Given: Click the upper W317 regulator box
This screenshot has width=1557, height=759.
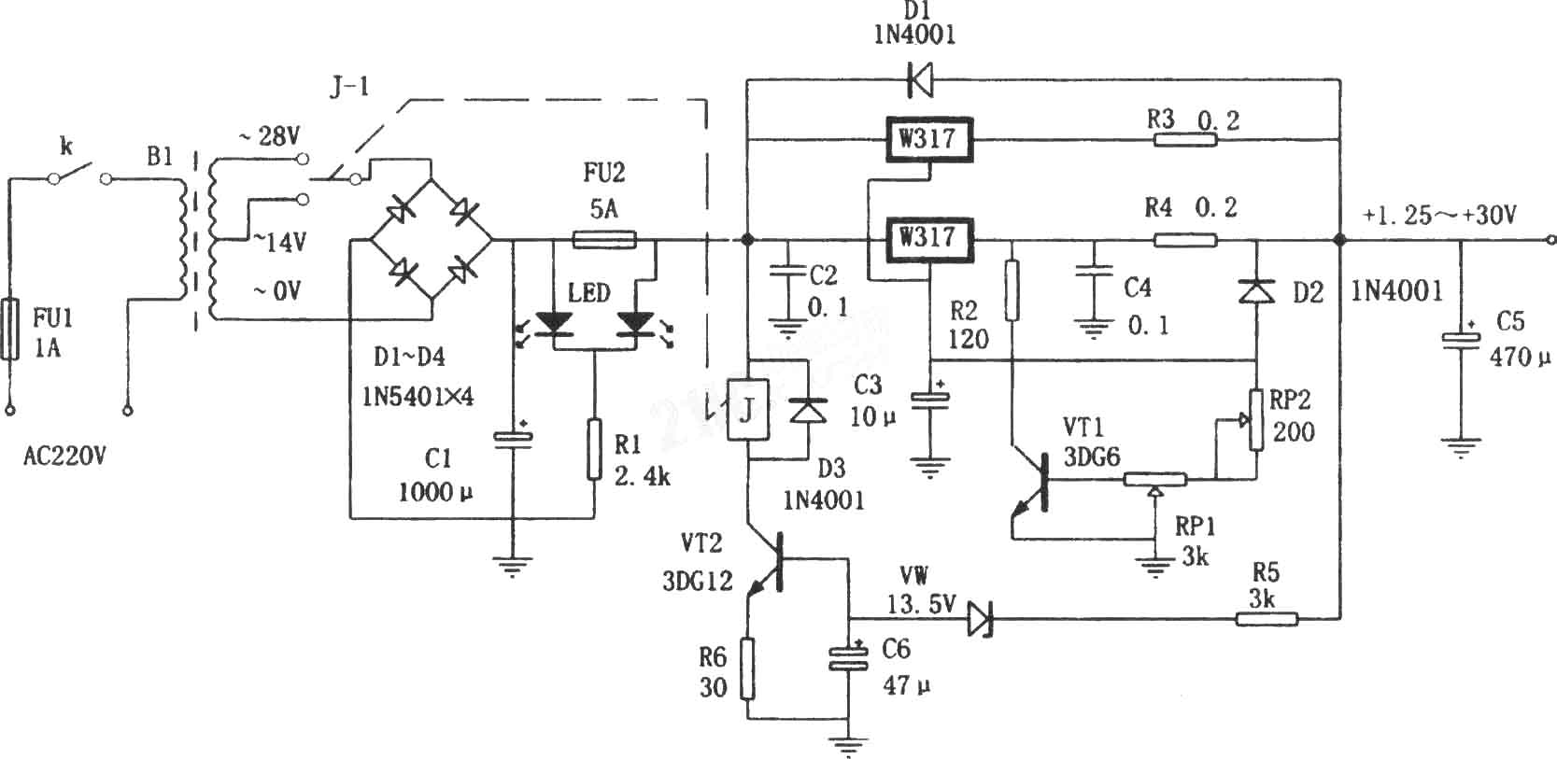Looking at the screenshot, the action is coord(928,139).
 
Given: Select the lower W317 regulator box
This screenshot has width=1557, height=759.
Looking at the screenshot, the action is coord(928,240).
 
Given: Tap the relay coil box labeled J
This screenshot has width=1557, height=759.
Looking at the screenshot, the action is coord(747,410).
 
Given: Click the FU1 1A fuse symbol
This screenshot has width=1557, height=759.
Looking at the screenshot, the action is coord(9,329).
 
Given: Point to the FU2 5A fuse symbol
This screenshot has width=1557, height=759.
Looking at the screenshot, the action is coord(604,241).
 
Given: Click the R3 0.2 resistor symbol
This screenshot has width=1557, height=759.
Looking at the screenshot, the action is coord(1186,140).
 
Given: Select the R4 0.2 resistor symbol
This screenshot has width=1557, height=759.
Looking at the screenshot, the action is coord(1186,241).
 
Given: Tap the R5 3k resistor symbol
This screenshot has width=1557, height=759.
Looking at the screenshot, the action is coord(1267,619).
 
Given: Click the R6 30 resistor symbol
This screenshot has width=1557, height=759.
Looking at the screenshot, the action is coord(747,668).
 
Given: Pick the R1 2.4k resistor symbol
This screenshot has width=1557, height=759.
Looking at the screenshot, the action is coord(594,449).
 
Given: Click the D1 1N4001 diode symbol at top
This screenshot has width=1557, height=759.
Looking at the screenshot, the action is coord(920,80).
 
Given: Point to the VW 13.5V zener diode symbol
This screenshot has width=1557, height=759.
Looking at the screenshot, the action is coord(981,619).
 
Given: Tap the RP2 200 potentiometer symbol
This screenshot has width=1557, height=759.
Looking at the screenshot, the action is coord(1256,420).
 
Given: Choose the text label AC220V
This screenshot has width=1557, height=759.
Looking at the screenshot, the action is coord(64,457).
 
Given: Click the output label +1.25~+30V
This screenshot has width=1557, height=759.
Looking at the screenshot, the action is coord(1438,216).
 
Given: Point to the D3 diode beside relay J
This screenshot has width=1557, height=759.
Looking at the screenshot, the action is coord(808,410).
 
